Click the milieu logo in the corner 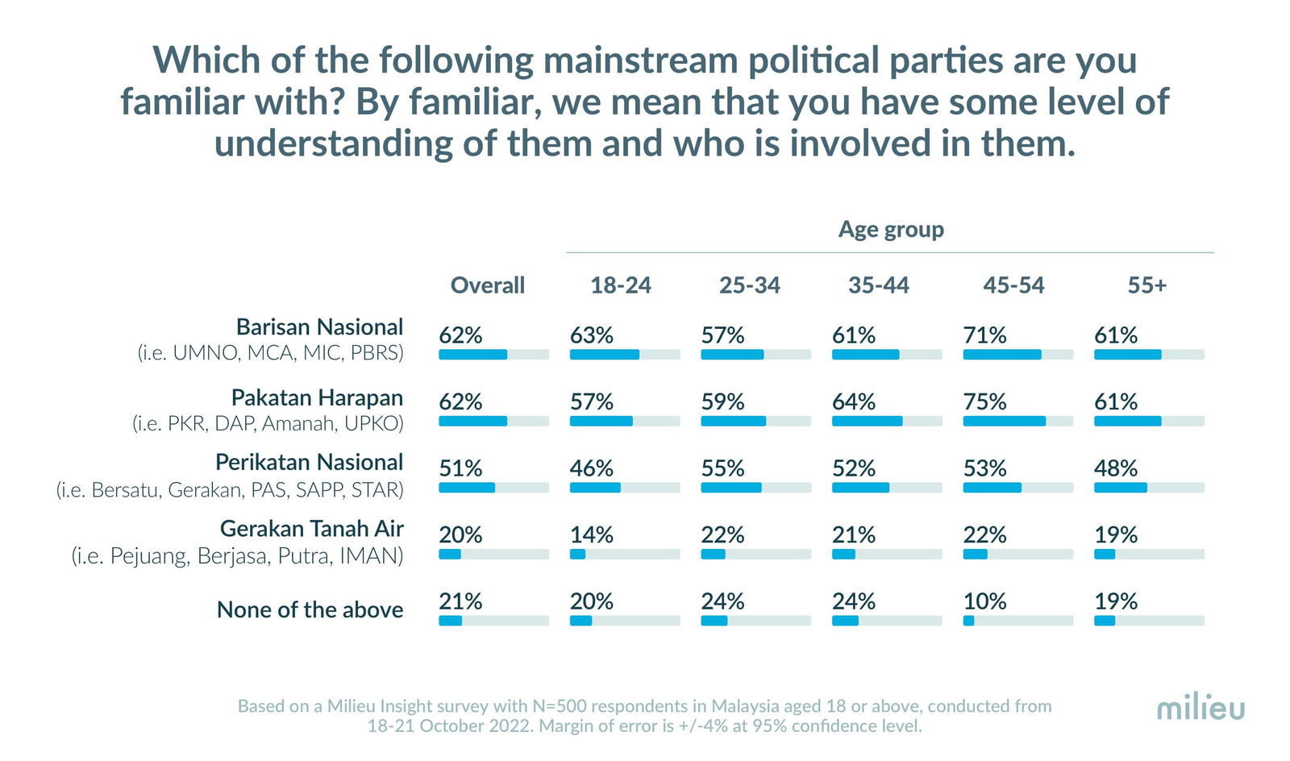click(x=1201, y=709)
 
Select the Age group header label click(x=891, y=230)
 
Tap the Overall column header click(x=487, y=285)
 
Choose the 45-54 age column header click(x=1013, y=285)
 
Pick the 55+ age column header click(x=1146, y=285)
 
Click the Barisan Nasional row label click(x=319, y=327)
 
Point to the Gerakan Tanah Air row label click(x=311, y=529)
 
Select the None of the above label click(x=310, y=610)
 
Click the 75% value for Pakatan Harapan click(x=984, y=402)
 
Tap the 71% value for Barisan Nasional click(x=984, y=335)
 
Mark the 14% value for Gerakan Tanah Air click(x=591, y=535)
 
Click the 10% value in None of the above click(x=984, y=601)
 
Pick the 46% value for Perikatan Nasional click(x=591, y=468)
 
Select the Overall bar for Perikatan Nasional click(x=493, y=488)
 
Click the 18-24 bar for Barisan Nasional click(x=624, y=355)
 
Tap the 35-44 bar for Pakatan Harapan click(x=886, y=422)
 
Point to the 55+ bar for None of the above click(x=1148, y=621)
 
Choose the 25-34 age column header click(x=749, y=285)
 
